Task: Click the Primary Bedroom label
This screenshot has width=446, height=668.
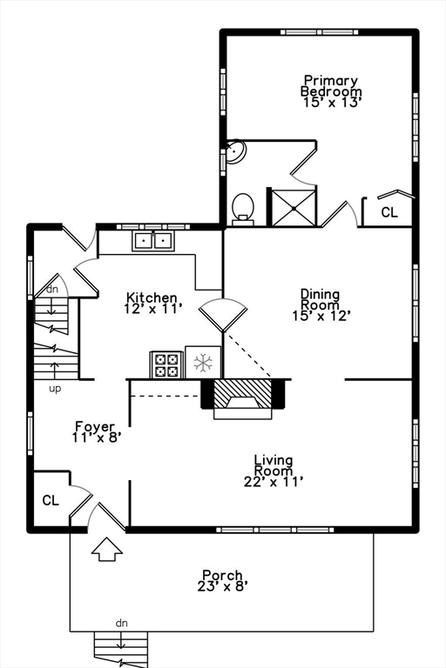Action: tap(331, 86)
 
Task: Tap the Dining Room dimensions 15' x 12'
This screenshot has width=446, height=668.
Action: tap(321, 316)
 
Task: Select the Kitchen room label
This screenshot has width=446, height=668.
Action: tap(152, 297)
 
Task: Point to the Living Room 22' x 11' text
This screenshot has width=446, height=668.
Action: tap(274, 481)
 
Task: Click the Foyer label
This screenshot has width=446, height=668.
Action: tap(95, 426)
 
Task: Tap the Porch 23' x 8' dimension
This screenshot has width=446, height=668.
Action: tap(222, 586)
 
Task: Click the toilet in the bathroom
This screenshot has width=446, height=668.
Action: tap(243, 209)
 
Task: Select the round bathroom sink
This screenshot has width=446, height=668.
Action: tap(235, 151)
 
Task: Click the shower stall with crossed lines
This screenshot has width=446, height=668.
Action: tap(294, 208)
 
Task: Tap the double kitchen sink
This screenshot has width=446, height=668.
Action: tap(153, 241)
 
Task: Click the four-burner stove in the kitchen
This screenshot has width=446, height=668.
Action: tap(166, 364)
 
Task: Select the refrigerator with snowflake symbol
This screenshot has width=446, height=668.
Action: tap(203, 362)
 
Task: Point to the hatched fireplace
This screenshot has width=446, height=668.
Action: tap(242, 398)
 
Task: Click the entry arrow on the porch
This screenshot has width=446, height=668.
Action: tap(107, 549)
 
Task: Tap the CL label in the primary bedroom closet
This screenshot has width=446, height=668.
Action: tap(389, 212)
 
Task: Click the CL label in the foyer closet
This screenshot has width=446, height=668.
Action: tap(51, 500)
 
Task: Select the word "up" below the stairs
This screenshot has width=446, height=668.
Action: tap(55, 389)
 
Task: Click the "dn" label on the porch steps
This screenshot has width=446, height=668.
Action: tap(122, 624)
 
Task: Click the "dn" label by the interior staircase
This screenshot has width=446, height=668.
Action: tap(52, 290)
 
